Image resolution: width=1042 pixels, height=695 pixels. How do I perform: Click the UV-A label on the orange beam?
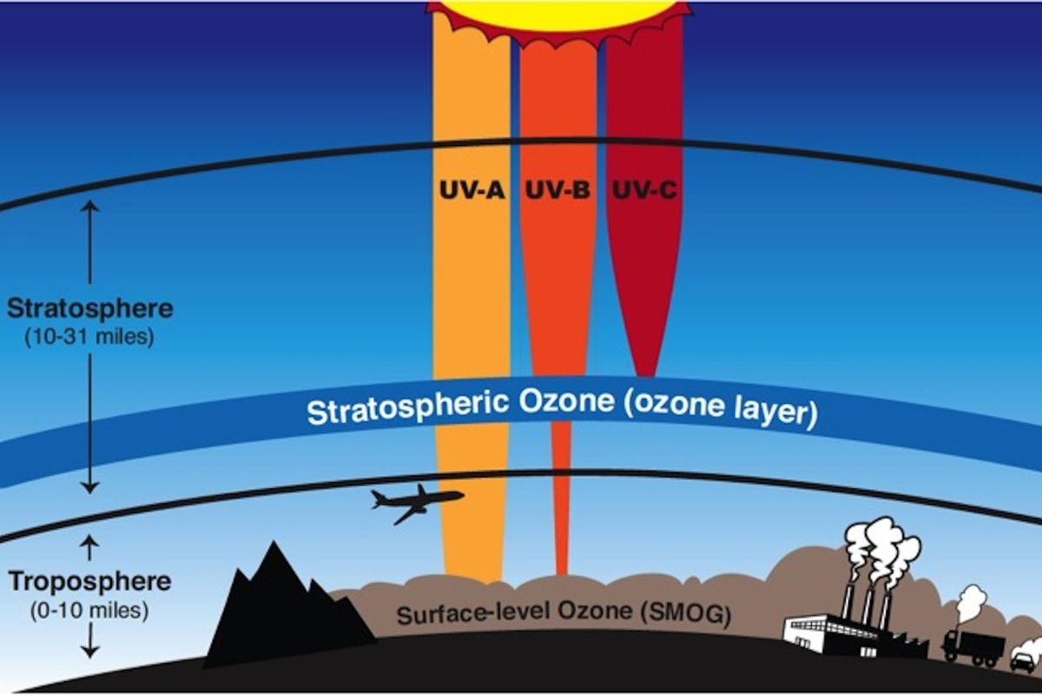[471, 189]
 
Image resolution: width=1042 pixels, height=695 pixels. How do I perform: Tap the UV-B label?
[557, 189]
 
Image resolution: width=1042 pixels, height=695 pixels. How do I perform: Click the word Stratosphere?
[89, 308]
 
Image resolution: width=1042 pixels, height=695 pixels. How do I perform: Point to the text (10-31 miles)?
[89, 336]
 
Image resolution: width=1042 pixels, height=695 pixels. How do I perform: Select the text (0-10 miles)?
[89, 610]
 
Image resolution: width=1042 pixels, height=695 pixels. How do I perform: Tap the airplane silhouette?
[416, 502]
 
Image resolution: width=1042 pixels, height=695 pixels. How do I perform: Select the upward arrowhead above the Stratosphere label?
[90, 207]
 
